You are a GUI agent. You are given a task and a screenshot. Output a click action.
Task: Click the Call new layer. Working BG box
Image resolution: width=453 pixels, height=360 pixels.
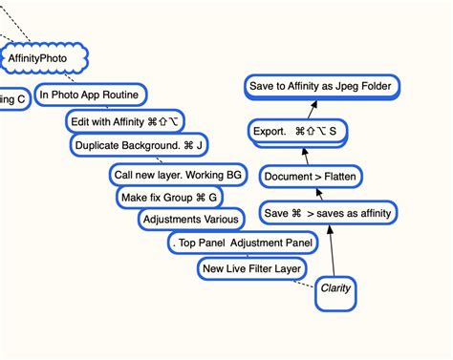[178, 176]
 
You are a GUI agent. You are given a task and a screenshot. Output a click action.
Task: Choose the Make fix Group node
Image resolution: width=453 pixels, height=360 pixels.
[169, 198]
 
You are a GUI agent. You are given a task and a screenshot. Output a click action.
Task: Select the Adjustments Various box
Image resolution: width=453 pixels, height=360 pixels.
[189, 220]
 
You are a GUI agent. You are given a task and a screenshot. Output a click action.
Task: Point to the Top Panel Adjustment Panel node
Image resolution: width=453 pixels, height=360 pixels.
[243, 244]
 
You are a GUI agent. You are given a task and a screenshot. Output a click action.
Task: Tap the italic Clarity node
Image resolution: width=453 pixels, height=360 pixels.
[335, 288]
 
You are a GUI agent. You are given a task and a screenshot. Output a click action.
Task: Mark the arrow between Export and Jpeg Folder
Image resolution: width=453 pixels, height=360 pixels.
[310, 109]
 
